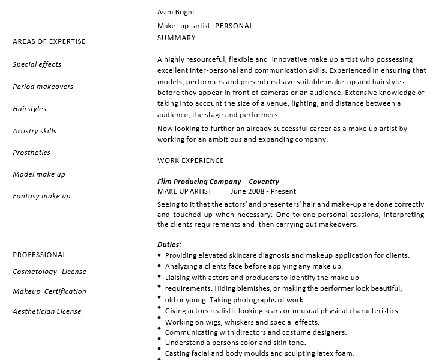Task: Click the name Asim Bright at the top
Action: click(176, 12)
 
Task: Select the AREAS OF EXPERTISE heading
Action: click(49, 41)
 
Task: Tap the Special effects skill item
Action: click(37, 64)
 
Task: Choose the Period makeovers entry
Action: click(43, 87)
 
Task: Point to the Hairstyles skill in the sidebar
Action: click(29, 109)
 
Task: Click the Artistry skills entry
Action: click(35, 131)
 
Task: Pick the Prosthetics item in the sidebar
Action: click(32, 153)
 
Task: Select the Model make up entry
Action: click(39, 174)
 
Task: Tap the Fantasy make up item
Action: click(41, 196)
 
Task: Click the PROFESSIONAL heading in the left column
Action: click(40, 255)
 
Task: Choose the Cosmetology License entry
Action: click(49, 272)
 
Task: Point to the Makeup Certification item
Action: click(49, 291)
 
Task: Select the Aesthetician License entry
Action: click(47, 311)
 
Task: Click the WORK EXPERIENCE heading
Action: click(190, 160)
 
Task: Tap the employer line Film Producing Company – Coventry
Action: click(218, 182)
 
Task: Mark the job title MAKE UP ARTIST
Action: click(184, 191)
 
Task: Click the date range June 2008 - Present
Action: click(263, 191)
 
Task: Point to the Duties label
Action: click(169, 245)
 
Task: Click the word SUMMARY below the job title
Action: click(177, 38)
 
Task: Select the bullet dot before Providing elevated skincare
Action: click(159, 255)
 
